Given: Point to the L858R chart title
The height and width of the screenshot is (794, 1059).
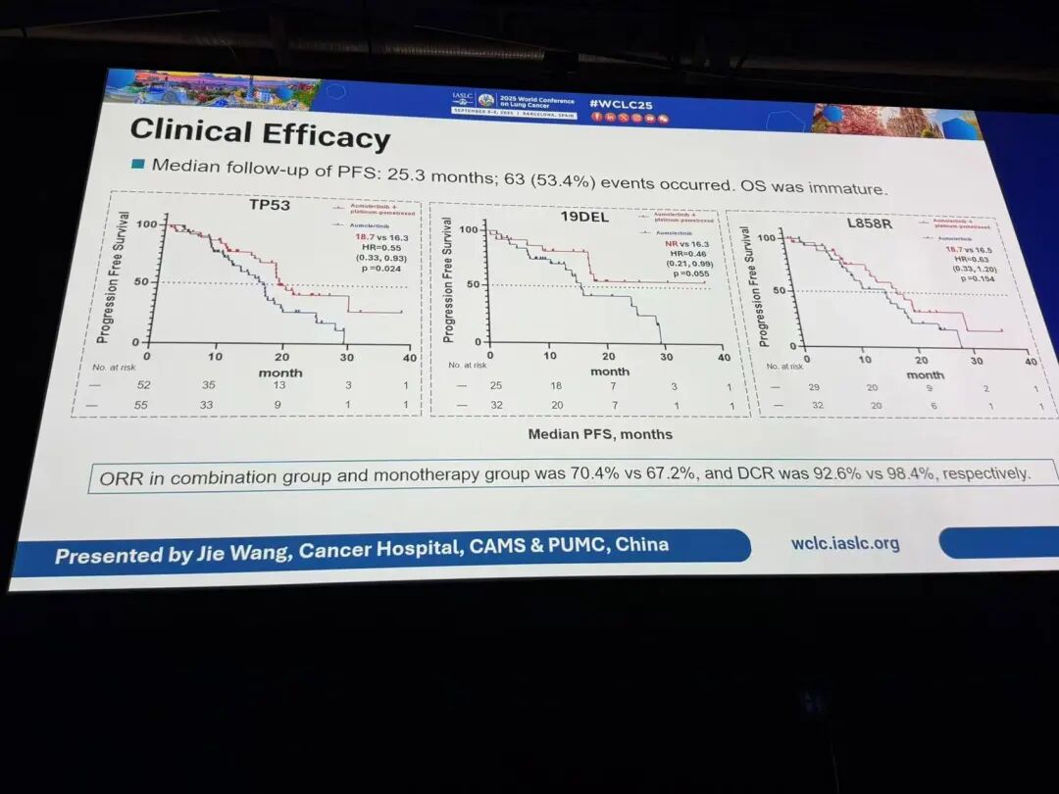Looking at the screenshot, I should pyautogui.click(x=869, y=223).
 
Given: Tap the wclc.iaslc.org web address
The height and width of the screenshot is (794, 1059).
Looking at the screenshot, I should pyautogui.click(x=844, y=542).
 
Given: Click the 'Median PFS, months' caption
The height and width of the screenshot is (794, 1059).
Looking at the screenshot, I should pyautogui.click(x=600, y=433).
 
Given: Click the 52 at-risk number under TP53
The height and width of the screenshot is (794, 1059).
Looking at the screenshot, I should pyautogui.click(x=144, y=385).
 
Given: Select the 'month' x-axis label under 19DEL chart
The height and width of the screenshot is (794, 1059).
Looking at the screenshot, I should pyautogui.click(x=609, y=372).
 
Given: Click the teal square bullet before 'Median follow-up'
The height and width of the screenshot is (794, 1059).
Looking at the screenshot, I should pyautogui.click(x=137, y=163).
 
